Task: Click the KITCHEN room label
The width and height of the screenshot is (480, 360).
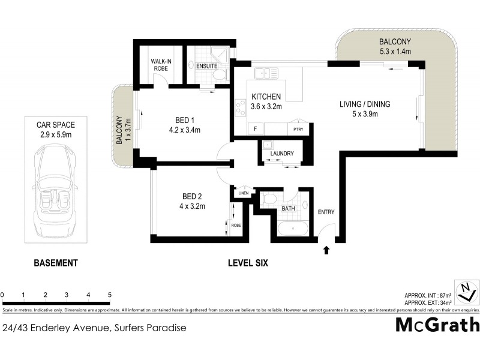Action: coord(266,97)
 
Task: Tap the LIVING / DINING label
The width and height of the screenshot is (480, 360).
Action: coord(365,104)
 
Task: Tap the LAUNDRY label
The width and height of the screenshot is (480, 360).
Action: coord(282,154)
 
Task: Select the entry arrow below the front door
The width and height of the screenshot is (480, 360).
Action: coord(326,250)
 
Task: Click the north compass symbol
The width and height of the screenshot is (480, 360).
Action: coord(466,292)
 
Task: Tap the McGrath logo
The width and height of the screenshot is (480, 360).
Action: coord(437,325)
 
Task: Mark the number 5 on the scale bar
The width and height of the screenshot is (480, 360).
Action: coord(110,295)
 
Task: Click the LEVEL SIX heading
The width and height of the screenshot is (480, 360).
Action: coord(248,263)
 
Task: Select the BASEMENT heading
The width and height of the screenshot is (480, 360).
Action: coord(56,263)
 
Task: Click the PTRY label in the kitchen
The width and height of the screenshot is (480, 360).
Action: coord(297,129)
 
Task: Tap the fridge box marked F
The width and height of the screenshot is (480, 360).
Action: coord(256,129)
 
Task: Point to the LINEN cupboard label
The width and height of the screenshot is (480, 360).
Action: coord(242,193)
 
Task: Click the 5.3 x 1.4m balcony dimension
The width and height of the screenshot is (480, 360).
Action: coord(394,52)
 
